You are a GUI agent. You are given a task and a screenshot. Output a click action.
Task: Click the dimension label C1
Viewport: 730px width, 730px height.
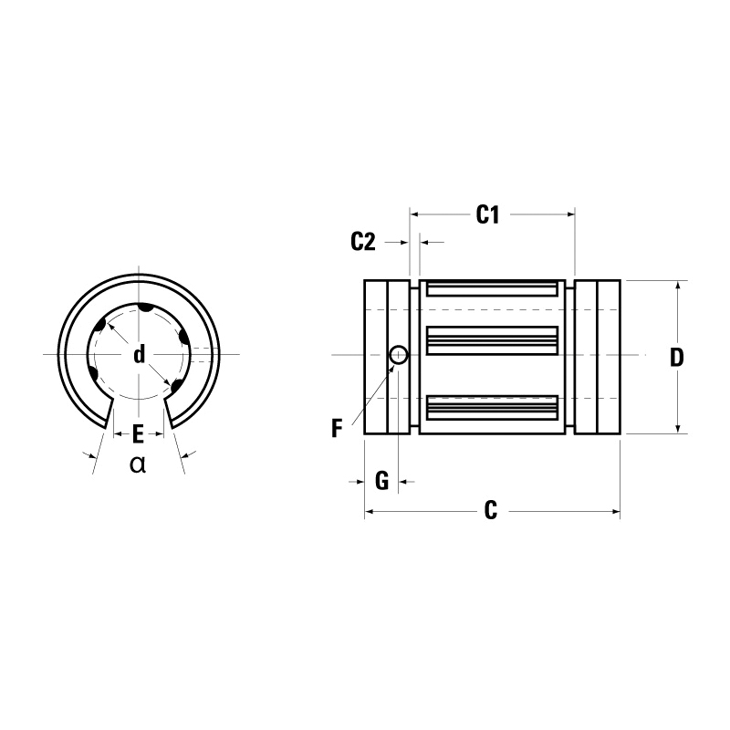pyautogui.click(x=488, y=215)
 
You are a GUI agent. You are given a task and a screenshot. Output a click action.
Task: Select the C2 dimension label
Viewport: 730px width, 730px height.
pyautogui.click(x=363, y=242)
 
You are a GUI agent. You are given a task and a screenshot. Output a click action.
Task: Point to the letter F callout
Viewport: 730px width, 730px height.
pyautogui.click(x=338, y=428)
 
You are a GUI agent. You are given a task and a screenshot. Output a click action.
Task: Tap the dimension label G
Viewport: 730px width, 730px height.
pyautogui.click(x=382, y=480)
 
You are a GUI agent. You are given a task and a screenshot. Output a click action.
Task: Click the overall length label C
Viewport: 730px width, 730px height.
pyautogui.click(x=490, y=512)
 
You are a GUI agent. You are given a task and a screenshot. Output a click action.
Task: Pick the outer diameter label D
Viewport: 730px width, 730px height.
pyautogui.click(x=676, y=358)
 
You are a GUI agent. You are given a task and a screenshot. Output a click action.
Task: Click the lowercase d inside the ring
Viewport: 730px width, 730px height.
pyautogui.click(x=139, y=354)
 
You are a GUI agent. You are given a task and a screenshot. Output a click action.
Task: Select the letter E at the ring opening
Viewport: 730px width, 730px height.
pyautogui.click(x=138, y=433)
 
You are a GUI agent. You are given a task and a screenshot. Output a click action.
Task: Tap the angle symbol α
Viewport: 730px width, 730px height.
pyautogui.click(x=138, y=464)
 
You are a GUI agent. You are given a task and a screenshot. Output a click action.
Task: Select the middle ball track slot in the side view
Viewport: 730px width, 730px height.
pyautogui.click(x=492, y=340)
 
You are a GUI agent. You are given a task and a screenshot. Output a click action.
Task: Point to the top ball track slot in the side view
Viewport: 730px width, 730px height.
pyautogui.click(x=492, y=289)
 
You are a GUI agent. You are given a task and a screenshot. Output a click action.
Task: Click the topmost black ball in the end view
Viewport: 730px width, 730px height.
pyautogui.click(x=143, y=309)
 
